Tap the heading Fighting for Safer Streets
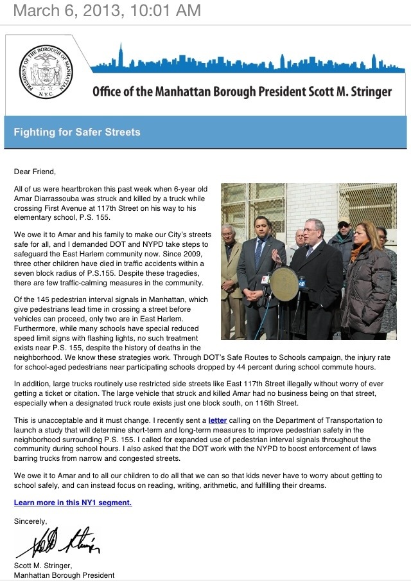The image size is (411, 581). click(77, 133)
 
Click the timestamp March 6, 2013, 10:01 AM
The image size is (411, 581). click(107, 10)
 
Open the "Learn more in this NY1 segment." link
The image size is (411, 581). click(73, 503)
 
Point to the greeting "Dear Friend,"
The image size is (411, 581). click(35, 172)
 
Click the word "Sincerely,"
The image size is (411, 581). click(30, 521)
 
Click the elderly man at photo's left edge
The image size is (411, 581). click(229, 270)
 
